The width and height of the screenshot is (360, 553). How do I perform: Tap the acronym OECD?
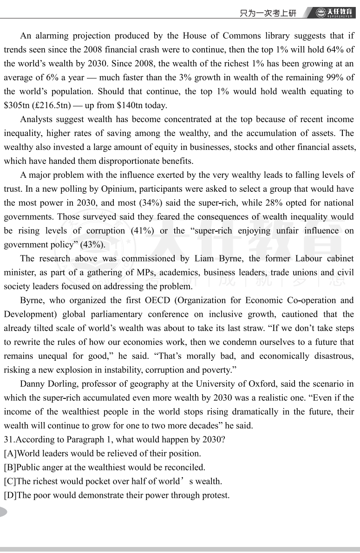pyautogui.click(x=157, y=300)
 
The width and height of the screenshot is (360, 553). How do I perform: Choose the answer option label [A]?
pyautogui.click(x=10, y=454)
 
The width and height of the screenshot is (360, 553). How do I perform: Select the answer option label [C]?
pyautogui.click(x=10, y=481)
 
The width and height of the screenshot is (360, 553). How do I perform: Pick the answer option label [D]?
pyautogui.click(x=10, y=495)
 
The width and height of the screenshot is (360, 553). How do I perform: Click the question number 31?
pyautogui.click(x=8, y=440)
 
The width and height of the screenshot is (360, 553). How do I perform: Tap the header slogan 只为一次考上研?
pyautogui.click(x=268, y=13)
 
